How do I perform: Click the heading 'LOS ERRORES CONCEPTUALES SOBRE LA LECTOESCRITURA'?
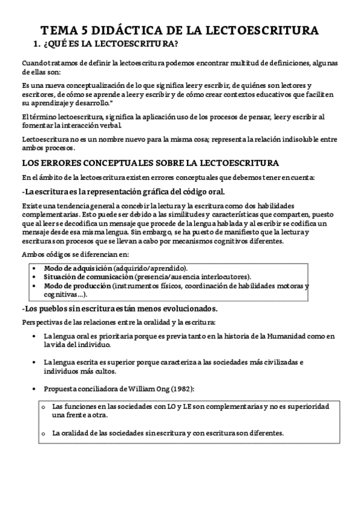coord(141,163)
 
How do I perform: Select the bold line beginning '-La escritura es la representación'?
coord(124,192)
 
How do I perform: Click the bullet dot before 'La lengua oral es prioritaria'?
coord(37,337)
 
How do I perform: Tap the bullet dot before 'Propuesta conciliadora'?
coord(37,388)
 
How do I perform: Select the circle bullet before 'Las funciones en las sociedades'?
coord(43,408)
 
